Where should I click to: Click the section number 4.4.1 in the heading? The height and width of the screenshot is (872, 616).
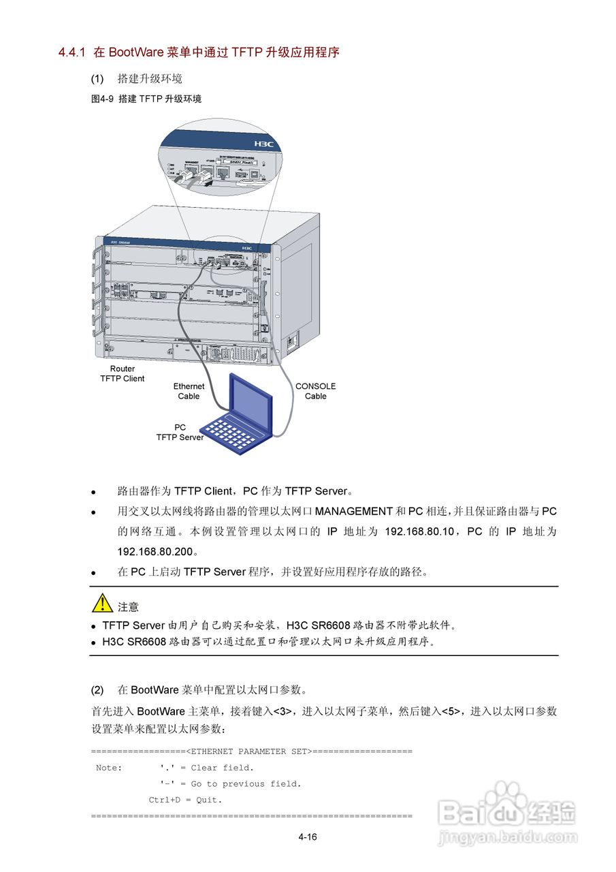point(71,52)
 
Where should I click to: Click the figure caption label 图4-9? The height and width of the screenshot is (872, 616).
point(102,99)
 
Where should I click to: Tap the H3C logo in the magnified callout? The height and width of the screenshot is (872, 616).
point(263,144)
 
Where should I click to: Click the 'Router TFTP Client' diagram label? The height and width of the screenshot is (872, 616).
point(123,374)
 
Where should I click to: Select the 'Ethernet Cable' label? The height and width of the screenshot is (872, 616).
point(189,391)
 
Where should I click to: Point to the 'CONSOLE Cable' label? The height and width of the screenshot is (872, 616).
point(315,391)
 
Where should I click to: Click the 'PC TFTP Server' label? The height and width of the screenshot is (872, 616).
point(180,433)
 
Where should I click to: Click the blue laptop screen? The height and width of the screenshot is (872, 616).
point(250,403)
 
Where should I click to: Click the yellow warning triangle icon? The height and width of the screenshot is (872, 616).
point(103,604)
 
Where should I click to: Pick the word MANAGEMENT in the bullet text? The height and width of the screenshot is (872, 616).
point(354,511)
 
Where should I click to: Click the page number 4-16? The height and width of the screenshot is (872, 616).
point(308,837)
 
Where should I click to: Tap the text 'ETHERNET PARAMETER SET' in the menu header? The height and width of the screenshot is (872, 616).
point(250,751)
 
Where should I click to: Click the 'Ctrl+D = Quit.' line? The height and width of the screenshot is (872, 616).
point(185,800)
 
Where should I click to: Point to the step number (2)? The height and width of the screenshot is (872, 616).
point(97,690)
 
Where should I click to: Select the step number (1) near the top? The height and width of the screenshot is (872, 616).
point(97,78)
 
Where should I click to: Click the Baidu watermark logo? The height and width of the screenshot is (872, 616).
point(508,812)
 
